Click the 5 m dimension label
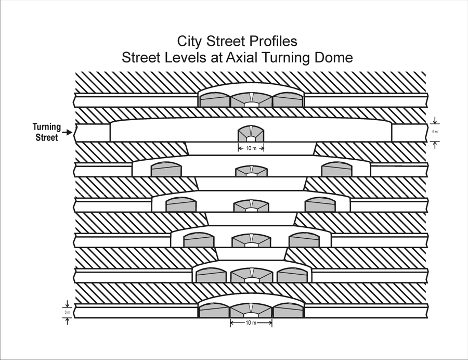point(436,132)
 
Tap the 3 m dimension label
point(67,312)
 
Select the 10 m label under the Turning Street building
point(251,148)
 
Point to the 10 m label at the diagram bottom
point(251,323)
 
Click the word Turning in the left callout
point(47,127)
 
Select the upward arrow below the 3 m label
point(67,320)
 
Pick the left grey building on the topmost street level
point(215,100)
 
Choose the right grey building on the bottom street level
point(288,311)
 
